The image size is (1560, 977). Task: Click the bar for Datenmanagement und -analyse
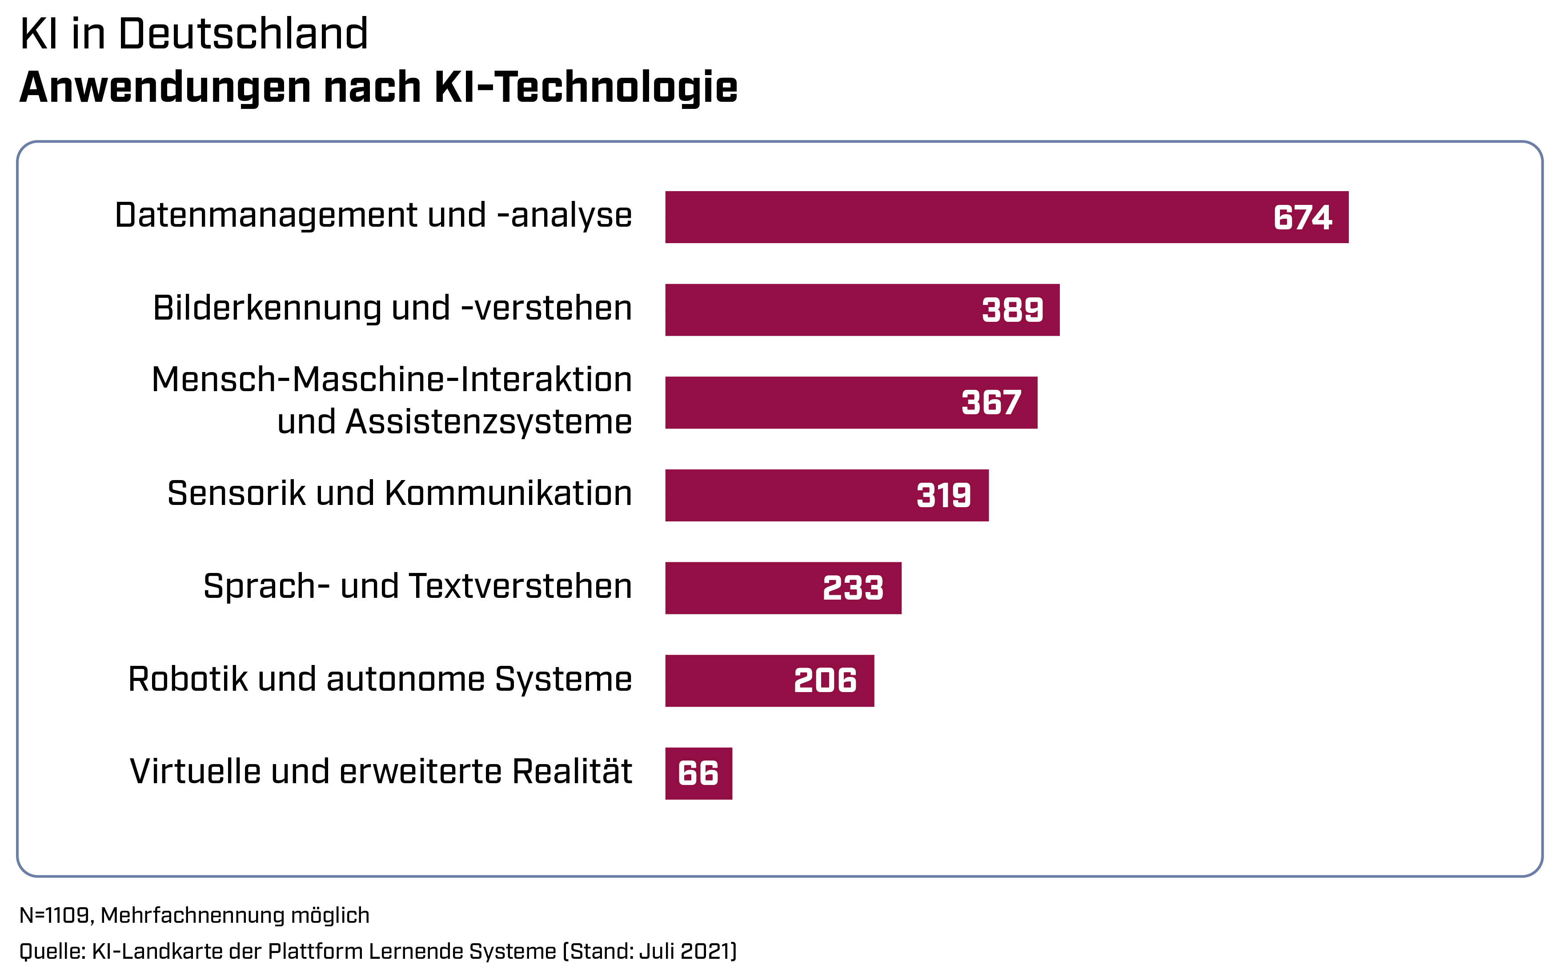969,217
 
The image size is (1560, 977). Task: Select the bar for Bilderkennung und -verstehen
821,309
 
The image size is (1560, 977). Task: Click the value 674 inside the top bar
1302,217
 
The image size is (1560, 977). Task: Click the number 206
825,681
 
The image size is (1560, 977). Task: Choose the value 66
698,773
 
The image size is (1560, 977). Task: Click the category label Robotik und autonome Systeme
380,679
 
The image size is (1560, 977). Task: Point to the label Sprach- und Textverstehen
417,586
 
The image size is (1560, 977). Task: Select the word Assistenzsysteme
489,422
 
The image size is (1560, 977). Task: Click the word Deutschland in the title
243,34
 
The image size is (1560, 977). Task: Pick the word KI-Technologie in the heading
586,87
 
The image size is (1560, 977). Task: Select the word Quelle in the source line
50,951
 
